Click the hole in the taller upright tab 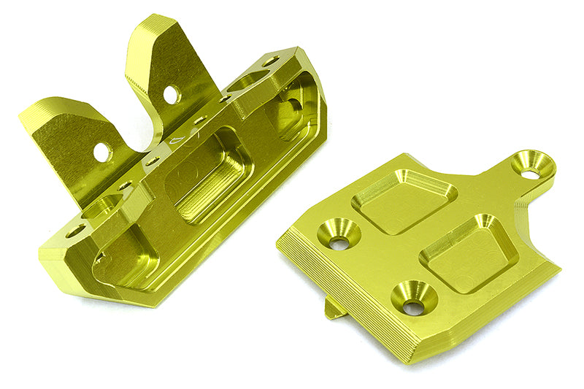coord(171,94)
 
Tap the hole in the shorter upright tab coord(102,153)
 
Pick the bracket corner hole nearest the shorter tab coord(75,231)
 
